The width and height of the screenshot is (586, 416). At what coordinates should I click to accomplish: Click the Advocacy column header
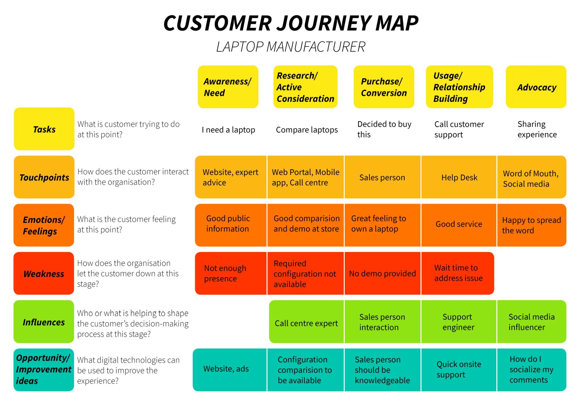coord(536,87)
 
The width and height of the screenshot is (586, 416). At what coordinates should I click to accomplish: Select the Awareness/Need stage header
coord(228,87)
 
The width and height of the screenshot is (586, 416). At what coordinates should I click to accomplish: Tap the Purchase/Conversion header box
coord(384,87)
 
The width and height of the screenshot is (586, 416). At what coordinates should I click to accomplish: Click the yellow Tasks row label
coord(44,129)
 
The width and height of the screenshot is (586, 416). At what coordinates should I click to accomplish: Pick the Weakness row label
coord(44,274)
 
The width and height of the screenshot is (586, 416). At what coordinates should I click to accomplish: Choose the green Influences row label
coord(44,322)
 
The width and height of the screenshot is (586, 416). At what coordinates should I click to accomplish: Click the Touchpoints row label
coord(44,177)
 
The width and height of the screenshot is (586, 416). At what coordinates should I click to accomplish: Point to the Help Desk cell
coord(459,177)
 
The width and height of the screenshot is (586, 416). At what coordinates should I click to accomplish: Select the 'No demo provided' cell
coord(382,273)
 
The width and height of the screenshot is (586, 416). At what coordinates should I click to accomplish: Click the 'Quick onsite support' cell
coord(459,370)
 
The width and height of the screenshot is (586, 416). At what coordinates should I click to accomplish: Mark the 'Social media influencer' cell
coord(532,322)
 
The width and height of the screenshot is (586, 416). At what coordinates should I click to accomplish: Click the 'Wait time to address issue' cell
coord(458,273)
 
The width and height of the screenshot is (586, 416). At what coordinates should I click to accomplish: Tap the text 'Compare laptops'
coord(307,130)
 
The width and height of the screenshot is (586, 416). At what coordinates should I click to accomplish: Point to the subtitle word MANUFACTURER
coord(316,47)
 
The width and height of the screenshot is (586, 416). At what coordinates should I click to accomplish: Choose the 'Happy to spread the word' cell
coord(532,225)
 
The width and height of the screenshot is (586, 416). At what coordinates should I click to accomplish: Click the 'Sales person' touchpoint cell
coord(382,177)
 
